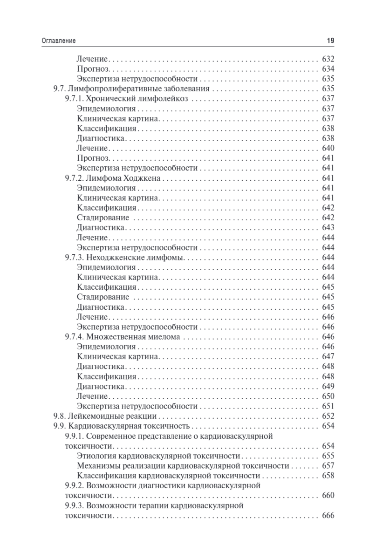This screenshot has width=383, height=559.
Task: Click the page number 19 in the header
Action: click(x=330, y=41)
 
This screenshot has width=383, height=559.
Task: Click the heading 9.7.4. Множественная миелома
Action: click(x=122, y=337)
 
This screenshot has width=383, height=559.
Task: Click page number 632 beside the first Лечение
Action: click(x=328, y=59)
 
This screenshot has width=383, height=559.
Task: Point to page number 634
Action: click(x=328, y=69)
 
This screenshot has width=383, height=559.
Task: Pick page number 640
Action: click(x=328, y=148)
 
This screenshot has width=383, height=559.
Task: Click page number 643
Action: click(x=328, y=227)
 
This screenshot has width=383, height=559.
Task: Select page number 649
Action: click(x=328, y=386)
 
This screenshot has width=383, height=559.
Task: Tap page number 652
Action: click(x=328, y=416)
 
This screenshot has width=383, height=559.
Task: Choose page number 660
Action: click(x=328, y=495)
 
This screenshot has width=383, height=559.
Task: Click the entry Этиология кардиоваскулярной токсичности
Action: click(x=158, y=456)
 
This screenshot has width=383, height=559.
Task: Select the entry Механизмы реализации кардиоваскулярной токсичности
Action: click(x=183, y=465)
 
